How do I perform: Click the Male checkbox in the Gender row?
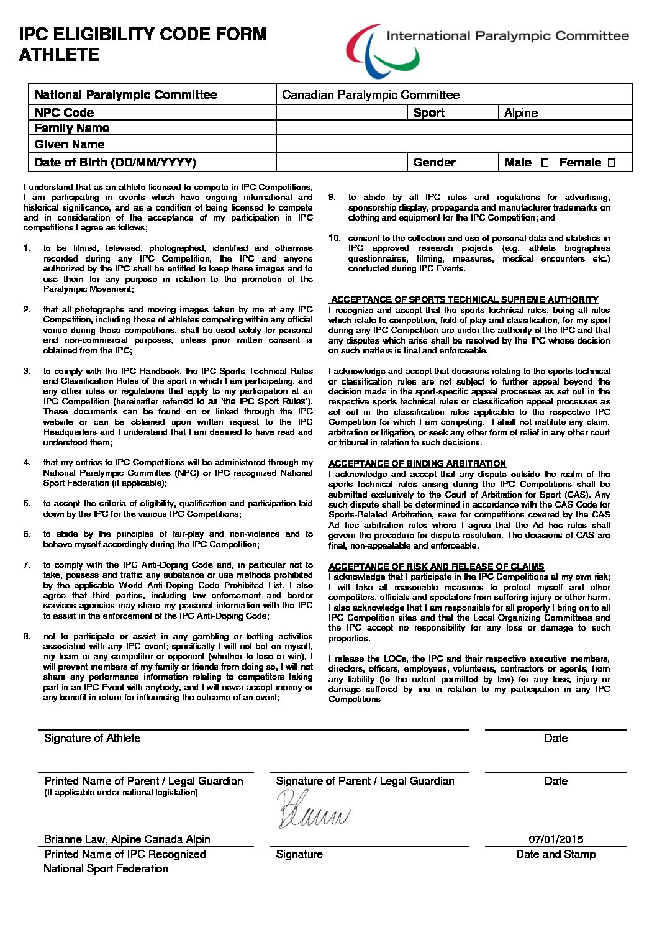pos(545,163)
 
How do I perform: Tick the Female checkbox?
pos(611,163)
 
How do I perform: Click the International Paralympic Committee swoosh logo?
pos(382,51)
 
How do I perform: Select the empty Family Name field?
pos(454,128)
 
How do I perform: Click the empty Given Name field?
pos(454,144)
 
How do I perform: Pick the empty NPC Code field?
pos(341,112)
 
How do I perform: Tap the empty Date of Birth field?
pos(341,162)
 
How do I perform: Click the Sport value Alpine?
pos(521,112)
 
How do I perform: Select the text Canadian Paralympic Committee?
pos(371,95)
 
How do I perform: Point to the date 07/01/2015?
pos(556,839)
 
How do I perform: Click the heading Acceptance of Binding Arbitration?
pos(417,463)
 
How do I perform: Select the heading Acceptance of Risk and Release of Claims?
pos(436,567)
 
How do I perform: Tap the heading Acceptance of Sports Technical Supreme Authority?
pos(464,299)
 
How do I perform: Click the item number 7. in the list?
pos(27,565)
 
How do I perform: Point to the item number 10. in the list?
pos(335,238)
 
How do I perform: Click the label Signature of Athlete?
pos(92,738)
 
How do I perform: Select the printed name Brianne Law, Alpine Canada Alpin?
pos(127,839)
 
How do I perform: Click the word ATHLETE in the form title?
pos(59,55)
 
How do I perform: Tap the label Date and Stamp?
pos(556,854)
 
